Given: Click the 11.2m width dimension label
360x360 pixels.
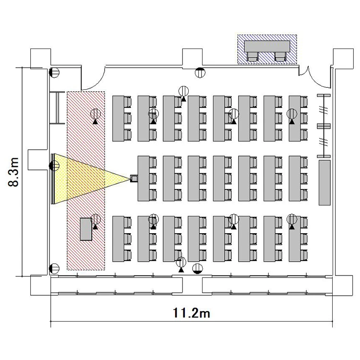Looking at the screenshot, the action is (x=191, y=313).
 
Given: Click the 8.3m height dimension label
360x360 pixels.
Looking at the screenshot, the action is (x=13, y=172).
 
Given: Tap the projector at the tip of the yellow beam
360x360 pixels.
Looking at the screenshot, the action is (x=134, y=179).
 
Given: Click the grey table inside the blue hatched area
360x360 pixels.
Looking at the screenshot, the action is (x=267, y=47).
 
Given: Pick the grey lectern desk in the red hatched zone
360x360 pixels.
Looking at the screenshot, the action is (x=86, y=229).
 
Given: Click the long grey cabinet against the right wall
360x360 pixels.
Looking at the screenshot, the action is (x=324, y=182).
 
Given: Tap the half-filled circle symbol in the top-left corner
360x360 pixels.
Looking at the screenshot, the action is (x=54, y=72).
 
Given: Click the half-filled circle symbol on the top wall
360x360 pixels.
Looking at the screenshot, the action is (x=200, y=72).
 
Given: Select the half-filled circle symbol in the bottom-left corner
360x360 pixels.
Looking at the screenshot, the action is (x=54, y=269).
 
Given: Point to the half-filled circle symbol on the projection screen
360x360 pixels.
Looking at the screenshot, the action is (x=54, y=166).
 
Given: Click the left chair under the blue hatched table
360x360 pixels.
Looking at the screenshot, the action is (x=252, y=57).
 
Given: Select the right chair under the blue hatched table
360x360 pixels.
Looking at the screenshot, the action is (x=280, y=57).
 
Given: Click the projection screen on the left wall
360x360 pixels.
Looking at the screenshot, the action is (x=53, y=179).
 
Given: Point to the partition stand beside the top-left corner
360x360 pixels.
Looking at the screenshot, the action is (x=57, y=108).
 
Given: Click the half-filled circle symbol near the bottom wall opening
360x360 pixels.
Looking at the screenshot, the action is (x=197, y=269).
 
